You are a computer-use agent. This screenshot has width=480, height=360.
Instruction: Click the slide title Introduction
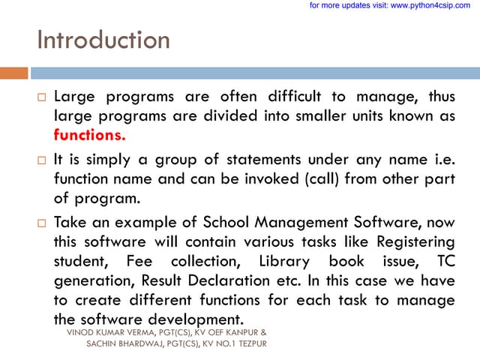[x=103, y=39]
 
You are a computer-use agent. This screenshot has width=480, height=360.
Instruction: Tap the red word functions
[x=90, y=136]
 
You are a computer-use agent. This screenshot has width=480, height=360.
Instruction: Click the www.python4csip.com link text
[x=430, y=5]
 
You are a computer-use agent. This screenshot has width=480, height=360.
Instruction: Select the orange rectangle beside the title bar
[x=13, y=73]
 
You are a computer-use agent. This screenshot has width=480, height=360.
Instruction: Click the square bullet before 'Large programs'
[x=42, y=97]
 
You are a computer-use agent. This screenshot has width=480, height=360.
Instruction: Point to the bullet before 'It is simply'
[x=42, y=160]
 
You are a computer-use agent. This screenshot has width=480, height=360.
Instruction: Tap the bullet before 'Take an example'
[x=42, y=223]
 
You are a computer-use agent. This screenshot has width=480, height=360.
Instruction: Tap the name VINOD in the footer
[x=82, y=331]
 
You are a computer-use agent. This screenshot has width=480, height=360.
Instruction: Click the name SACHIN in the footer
[x=103, y=343]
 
